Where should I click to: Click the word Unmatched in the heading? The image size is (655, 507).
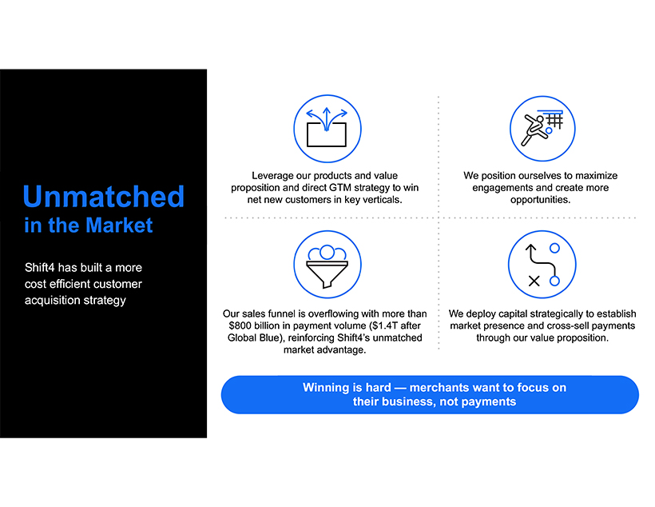click(104, 196)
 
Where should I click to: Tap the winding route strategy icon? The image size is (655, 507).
click(542, 265)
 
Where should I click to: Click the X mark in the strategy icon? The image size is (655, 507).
click(534, 281)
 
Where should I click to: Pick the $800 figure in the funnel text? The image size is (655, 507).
click(240, 325)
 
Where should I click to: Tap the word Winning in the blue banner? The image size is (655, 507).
click(324, 388)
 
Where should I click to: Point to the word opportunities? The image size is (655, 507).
click(540, 200)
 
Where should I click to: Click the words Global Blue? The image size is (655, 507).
click(253, 337)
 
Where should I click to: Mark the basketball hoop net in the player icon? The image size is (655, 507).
click(555, 121)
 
